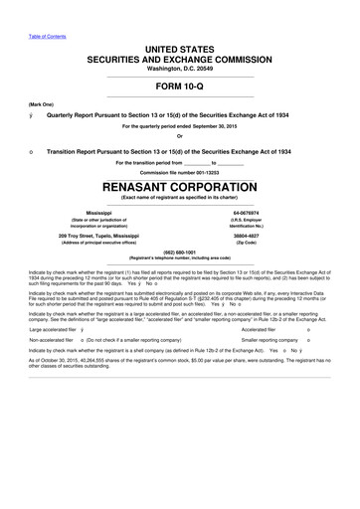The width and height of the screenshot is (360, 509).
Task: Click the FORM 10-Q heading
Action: [x=179, y=85]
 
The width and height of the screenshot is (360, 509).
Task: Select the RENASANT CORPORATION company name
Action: [x=179, y=185]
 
